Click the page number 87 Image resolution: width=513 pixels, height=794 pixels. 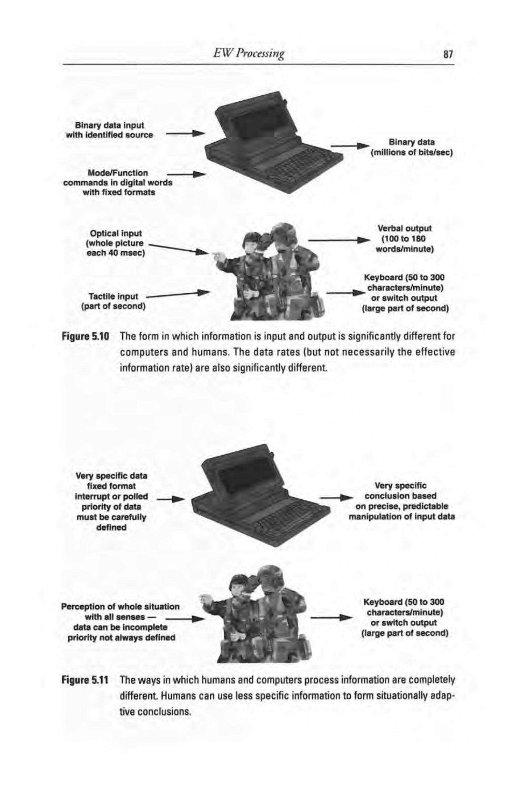click(x=448, y=54)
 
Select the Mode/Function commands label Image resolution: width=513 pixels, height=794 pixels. click(x=118, y=183)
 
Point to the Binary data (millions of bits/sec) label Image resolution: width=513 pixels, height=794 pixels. click(x=411, y=147)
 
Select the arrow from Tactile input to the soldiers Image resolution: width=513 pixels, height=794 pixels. click(x=177, y=295)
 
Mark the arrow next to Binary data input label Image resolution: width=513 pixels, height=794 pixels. click(x=185, y=134)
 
